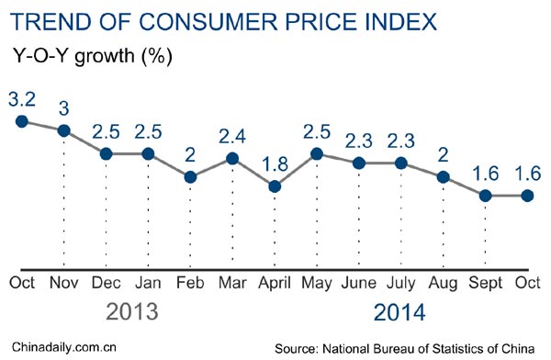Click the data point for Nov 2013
(64, 130)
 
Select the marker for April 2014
(275, 186)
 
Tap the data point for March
(232, 159)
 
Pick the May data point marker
(317, 153)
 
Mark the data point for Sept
(486, 195)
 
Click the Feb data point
(190, 177)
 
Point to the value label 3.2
(22, 96)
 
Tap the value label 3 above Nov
(64, 107)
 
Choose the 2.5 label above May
(317, 129)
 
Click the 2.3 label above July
(401, 140)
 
